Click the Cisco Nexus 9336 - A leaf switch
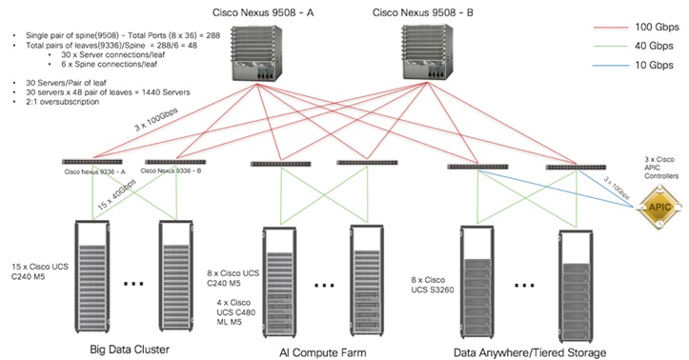click(92, 162)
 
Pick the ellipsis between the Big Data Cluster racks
click(132, 283)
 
